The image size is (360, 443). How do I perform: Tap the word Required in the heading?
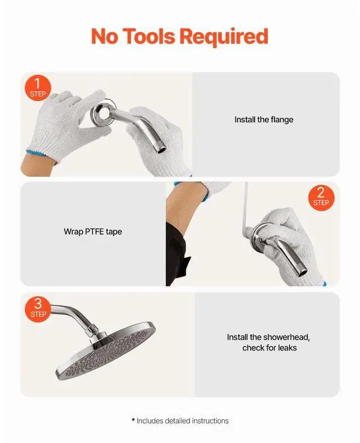(224, 38)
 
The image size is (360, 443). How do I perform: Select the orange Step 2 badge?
(321, 198)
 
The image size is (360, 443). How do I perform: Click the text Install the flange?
(264, 120)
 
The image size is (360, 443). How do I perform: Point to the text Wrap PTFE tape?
(93, 231)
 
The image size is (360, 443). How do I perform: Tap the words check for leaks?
(269, 348)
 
